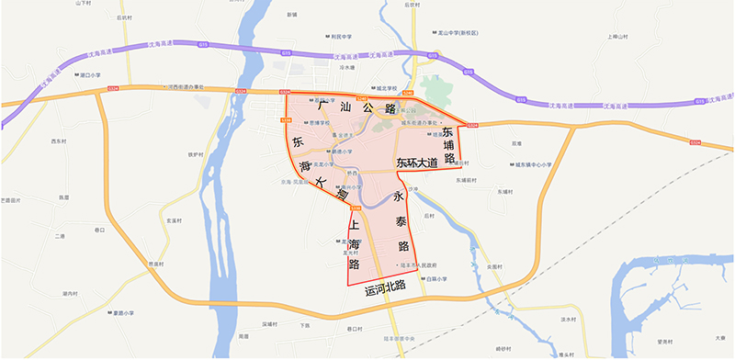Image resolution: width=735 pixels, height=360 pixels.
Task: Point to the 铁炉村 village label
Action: pyautogui.click(x=194, y=154)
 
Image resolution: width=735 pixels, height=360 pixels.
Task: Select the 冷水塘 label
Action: pyautogui.click(x=348, y=67)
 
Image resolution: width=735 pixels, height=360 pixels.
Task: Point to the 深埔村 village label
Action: pyautogui.click(x=269, y=323)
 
